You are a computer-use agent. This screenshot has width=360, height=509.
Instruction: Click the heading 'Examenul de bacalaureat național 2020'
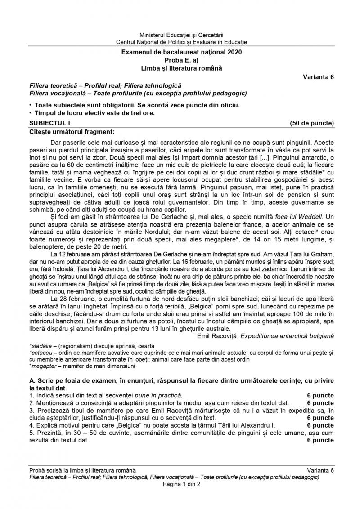pos(181,53)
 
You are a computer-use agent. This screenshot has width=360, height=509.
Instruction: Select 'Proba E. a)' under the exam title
pos(181,61)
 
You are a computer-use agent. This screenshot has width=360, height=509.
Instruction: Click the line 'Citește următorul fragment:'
pos(66,132)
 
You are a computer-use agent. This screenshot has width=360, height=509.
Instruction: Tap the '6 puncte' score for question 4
pos(320,425)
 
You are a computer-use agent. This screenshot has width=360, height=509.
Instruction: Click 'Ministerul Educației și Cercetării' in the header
pos(181,35)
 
